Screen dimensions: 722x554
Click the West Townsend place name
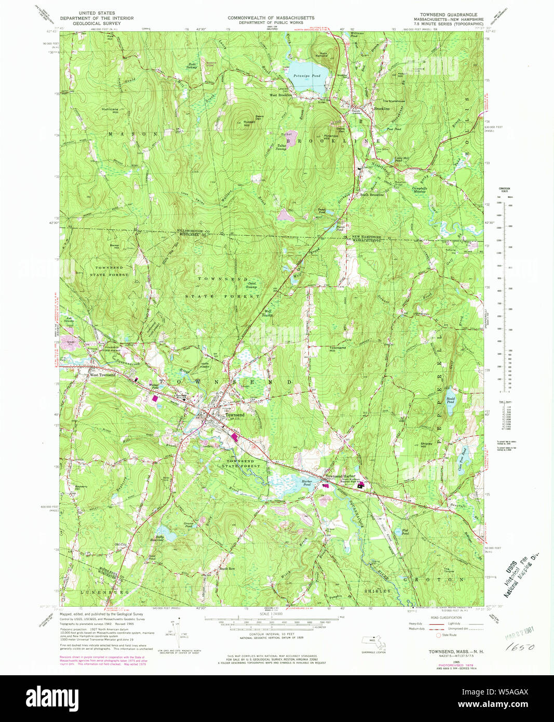103,375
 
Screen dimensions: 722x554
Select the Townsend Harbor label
341,476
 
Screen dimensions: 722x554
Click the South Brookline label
372,195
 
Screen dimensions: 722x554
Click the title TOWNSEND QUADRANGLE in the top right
448,14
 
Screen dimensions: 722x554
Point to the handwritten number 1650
512,648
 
